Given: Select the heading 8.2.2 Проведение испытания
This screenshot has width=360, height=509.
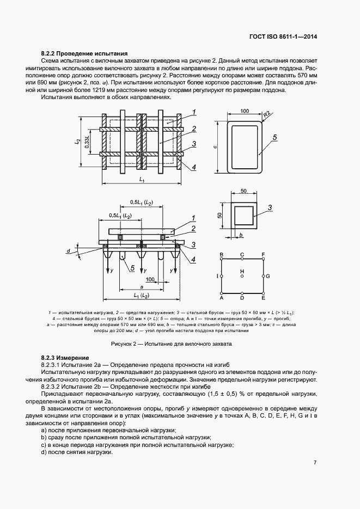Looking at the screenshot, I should (x=84, y=54).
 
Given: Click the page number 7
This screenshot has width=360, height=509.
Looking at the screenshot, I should (x=315, y=463).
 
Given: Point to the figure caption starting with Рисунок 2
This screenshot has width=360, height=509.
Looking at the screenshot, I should (x=172, y=344).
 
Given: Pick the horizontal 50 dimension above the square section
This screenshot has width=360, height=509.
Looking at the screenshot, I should (x=243, y=191).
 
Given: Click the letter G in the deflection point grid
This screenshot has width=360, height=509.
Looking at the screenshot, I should (x=267, y=277).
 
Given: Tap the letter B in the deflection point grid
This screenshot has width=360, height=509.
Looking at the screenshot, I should (x=221, y=254).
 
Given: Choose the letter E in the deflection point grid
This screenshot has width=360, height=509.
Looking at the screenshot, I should (x=264, y=299).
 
